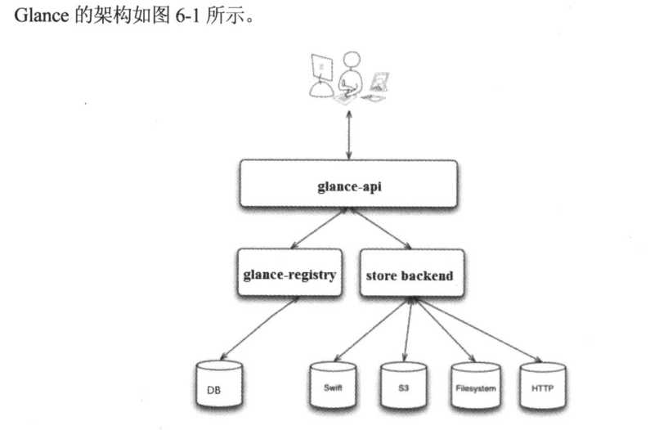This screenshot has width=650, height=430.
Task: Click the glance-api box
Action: pos(348,184)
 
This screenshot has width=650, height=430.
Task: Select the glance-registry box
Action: pos(289,275)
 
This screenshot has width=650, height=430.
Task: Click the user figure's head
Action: pos(352,61)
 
